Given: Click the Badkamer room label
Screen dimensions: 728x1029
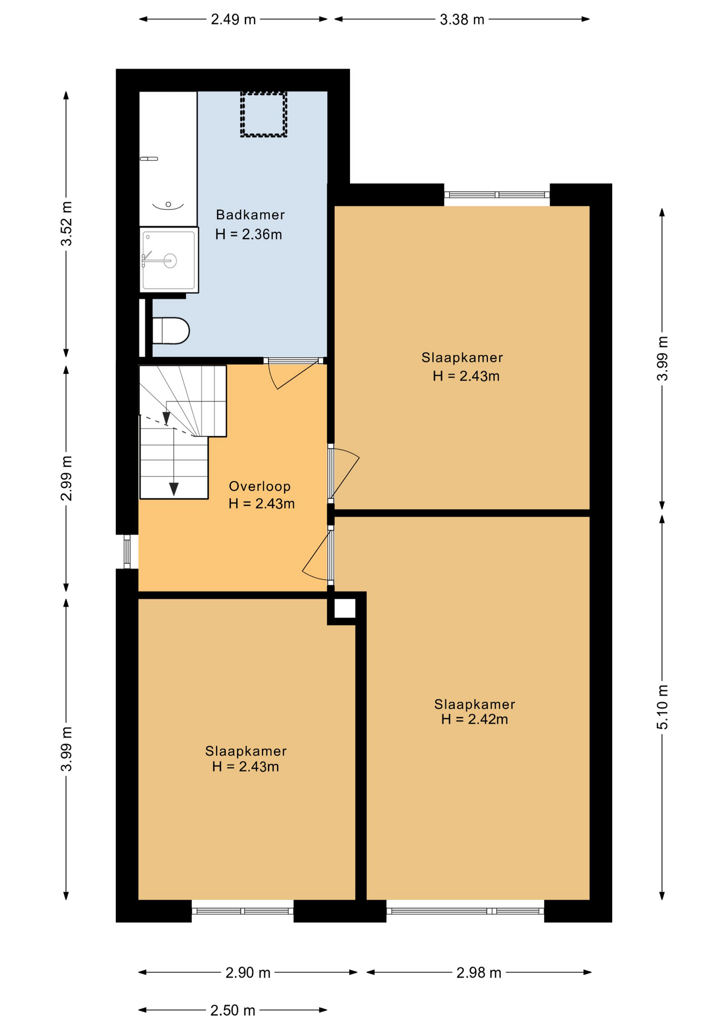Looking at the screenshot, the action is tap(250, 215).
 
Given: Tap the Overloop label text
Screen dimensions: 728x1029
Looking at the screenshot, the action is tap(259, 486).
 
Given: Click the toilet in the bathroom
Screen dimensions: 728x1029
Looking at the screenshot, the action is tap(170, 331).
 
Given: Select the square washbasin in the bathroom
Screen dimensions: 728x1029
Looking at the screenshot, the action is tap(169, 260).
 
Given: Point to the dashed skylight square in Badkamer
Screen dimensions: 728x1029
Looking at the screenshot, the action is tap(263, 114).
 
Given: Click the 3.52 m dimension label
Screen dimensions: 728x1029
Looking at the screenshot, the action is tap(66, 223).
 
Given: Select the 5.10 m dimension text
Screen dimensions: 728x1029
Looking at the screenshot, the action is tap(662, 707).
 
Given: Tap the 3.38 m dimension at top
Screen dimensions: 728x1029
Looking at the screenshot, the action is tap(462, 20).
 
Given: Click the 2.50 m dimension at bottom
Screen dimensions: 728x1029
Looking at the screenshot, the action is tap(233, 1010).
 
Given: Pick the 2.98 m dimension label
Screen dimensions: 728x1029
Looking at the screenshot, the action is tap(479, 973).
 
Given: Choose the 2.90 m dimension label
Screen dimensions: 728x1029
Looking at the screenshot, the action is tap(248, 973).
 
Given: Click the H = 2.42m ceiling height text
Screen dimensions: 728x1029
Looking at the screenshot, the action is tap(474, 719).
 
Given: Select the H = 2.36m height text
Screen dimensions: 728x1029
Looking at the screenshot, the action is tap(248, 234).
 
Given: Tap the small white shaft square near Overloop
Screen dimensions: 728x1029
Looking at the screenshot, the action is tap(345, 608).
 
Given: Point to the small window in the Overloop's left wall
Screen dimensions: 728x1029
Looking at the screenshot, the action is tap(127, 551).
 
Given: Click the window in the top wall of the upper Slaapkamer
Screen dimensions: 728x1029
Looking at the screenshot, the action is tap(497, 195).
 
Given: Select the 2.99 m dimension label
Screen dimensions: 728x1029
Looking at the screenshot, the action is tap(66, 479).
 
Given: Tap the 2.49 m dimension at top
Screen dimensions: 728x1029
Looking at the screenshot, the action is tap(233, 20).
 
